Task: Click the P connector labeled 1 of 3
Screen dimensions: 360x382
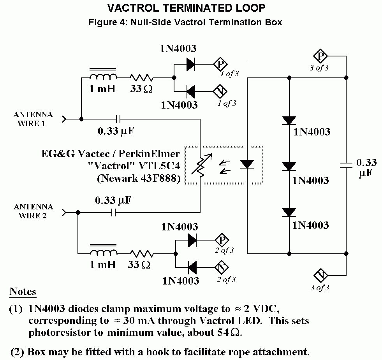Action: pos(220,64)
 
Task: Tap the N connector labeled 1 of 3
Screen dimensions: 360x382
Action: pos(220,92)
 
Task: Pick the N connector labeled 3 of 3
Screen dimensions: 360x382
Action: pos(321,276)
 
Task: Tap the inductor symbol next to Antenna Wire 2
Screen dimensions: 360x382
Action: pos(103,251)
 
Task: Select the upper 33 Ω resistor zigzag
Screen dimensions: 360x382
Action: pos(141,77)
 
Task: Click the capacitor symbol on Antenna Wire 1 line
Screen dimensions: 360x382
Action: pos(119,118)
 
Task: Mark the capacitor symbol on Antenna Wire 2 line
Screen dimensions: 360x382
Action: pos(113,212)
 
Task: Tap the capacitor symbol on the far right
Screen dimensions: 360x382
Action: pos(346,165)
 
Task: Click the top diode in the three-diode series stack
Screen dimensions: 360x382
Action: pos(289,121)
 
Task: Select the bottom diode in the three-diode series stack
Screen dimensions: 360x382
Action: pos(289,212)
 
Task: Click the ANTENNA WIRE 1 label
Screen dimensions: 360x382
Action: pos(33,119)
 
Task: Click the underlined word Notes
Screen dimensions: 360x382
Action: pos(23,292)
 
